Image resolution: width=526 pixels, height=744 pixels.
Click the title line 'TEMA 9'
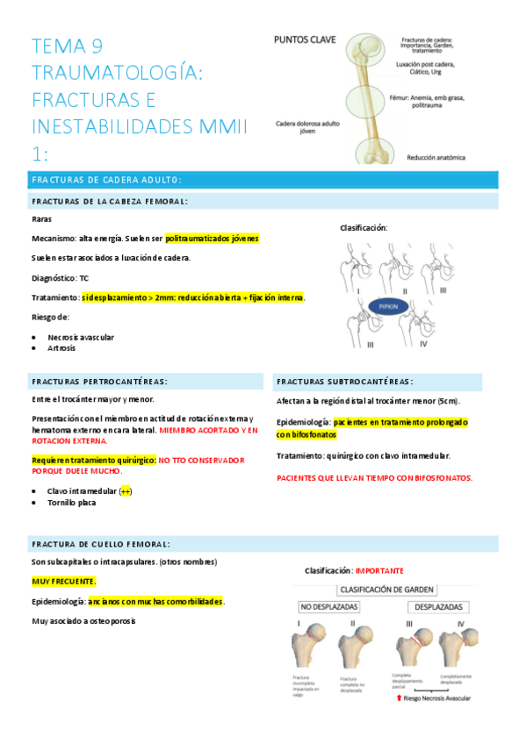pyautogui.click(x=72, y=46)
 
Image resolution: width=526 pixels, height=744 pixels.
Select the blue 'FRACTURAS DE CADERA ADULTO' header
pyautogui.click(x=106, y=180)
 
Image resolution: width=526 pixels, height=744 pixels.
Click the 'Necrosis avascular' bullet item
pyautogui.click(x=81, y=337)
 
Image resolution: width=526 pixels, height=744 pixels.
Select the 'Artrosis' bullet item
pyautogui.click(x=61, y=348)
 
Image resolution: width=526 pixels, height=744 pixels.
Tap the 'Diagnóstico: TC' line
pyautogui.click(x=60, y=277)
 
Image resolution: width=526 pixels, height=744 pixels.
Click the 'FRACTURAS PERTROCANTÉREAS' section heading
pyautogui.click(x=99, y=382)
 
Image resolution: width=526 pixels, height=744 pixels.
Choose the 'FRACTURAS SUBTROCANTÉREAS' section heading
pyautogui.click(x=344, y=382)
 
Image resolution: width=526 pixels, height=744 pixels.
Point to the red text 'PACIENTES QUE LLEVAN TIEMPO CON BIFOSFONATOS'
pyautogui.click(x=375, y=477)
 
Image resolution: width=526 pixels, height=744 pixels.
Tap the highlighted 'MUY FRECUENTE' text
pyautogui.click(x=64, y=582)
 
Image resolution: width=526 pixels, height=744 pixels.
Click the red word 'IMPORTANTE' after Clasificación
pyautogui.click(x=379, y=570)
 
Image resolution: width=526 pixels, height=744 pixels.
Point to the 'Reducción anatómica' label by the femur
pyautogui.click(x=436, y=158)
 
